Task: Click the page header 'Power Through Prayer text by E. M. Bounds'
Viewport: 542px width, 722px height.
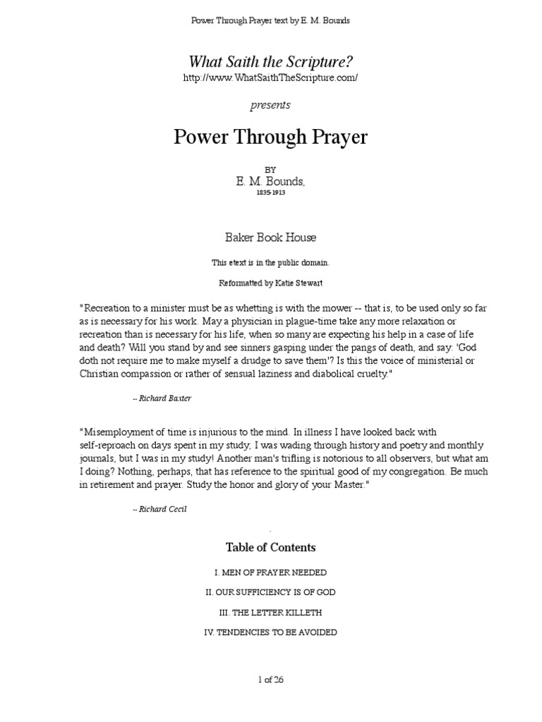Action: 271,20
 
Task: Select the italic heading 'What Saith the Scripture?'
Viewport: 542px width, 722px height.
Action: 270,62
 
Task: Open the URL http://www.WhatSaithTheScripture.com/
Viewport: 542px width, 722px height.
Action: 270,78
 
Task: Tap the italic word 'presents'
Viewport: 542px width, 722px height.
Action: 270,105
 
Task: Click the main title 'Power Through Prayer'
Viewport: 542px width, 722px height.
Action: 270,137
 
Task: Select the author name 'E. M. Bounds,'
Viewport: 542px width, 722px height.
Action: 271,181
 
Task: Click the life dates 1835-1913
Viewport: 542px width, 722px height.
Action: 270,192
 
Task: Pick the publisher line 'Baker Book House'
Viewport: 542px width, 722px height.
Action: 270,238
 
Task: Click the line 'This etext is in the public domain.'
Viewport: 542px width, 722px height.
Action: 270,262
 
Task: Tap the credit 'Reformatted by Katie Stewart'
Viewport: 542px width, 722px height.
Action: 270,283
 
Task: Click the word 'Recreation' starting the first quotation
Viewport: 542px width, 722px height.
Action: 106,308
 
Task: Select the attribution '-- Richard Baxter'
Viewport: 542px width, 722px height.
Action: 162,398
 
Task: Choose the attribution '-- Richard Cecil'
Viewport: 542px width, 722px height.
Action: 160,508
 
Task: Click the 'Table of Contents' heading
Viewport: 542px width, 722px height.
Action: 270,548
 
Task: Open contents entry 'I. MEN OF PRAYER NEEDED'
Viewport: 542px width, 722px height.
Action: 270,573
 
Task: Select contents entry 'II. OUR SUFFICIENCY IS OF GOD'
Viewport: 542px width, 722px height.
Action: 270,592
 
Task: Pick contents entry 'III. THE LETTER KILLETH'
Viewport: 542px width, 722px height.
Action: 270,613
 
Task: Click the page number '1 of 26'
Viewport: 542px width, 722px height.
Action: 270,680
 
